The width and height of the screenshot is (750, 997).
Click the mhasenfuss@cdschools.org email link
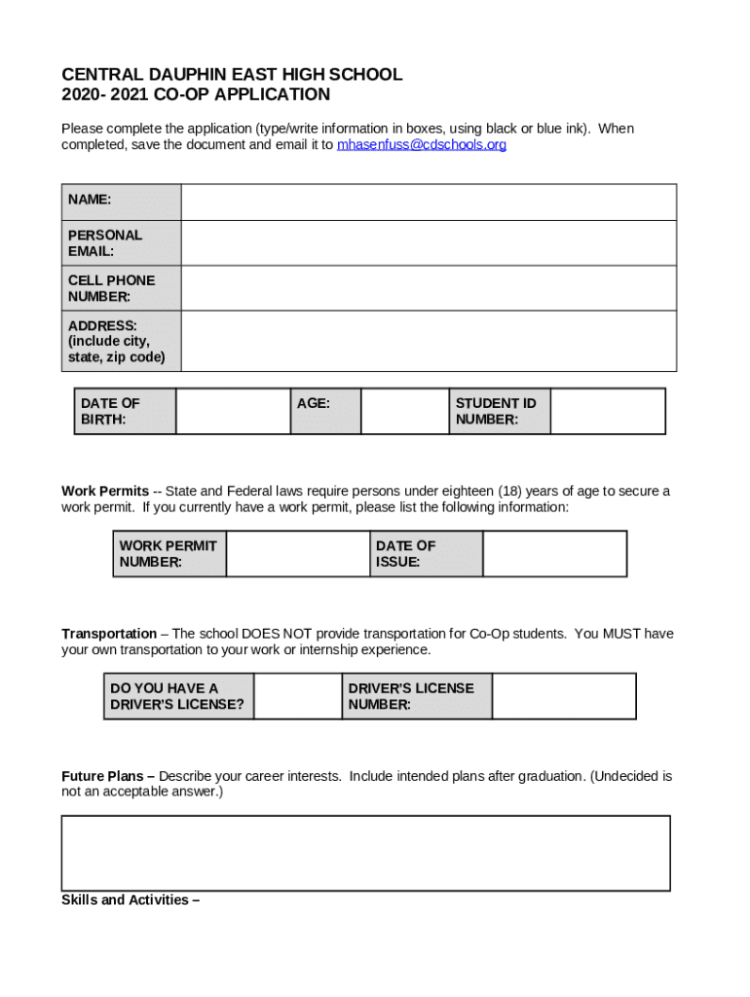click(421, 145)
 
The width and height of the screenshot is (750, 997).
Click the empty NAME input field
click(429, 203)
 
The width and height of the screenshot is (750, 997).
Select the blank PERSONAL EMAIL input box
click(429, 243)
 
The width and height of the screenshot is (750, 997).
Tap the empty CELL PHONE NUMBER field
click(429, 288)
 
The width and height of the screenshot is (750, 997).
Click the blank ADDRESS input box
click(429, 341)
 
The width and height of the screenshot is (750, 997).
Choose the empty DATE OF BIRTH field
click(233, 411)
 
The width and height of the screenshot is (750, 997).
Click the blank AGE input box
click(404, 411)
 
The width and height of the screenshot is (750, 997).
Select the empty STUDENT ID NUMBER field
click(607, 411)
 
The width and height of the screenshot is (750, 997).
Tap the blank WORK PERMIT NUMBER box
click(298, 554)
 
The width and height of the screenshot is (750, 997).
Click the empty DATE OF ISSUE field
click(554, 554)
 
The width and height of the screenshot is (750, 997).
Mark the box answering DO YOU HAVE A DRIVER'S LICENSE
click(297, 696)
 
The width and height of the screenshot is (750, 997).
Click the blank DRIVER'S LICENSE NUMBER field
click(563, 696)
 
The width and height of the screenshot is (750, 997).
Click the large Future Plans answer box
click(366, 853)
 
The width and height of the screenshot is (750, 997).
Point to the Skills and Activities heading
click(131, 901)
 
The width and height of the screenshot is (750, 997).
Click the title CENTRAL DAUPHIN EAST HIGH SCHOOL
click(232, 75)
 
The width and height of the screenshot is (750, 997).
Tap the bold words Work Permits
click(105, 492)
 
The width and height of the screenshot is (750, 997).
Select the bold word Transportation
click(109, 634)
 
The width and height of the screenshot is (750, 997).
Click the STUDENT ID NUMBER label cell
click(499, 411)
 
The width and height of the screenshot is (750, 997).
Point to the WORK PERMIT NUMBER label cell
click(169, 554)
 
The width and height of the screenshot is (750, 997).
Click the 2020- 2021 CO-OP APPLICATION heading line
click(196, 95)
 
